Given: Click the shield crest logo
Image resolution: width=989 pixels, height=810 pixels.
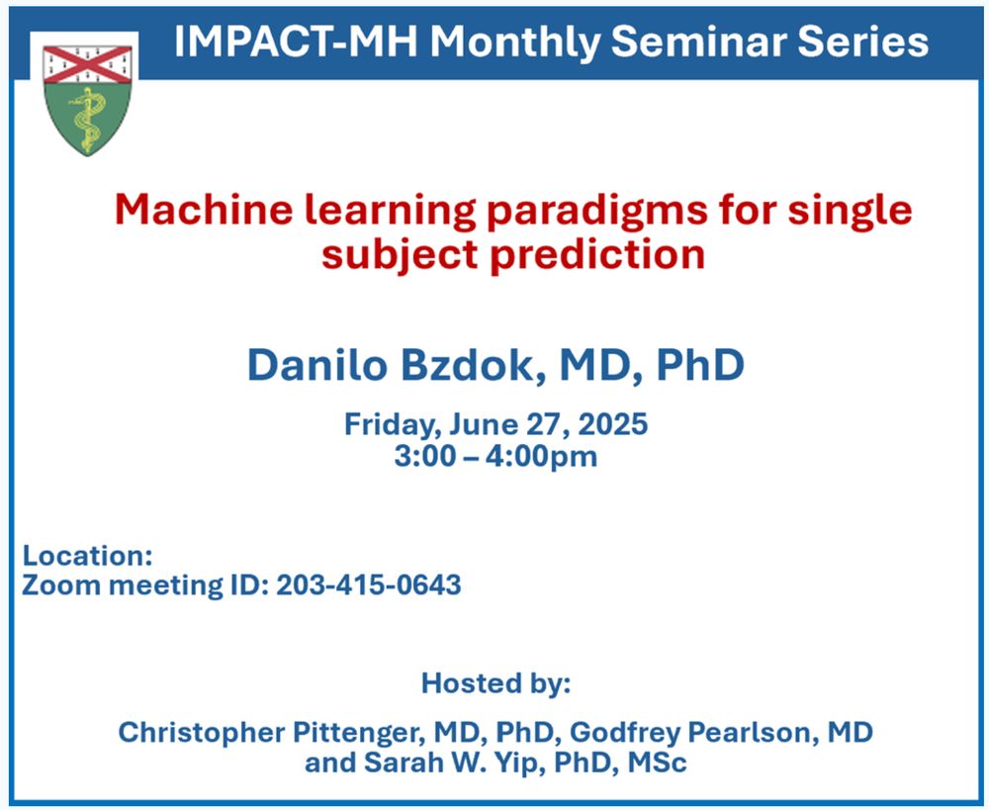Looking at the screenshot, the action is point(87,100).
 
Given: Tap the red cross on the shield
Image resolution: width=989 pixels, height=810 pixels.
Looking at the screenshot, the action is point(87,65).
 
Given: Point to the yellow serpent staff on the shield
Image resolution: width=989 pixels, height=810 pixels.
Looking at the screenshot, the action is point(88,120).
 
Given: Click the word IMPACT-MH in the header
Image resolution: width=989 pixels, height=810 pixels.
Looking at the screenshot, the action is point(296,42).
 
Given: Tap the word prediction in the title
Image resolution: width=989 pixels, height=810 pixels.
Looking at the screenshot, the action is point(597,256).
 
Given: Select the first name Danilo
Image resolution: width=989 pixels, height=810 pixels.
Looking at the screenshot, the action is point(316,365).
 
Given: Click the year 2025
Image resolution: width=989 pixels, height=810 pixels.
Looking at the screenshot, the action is point(612,424).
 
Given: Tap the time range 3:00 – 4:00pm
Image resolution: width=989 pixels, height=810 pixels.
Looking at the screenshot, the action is point(495,456).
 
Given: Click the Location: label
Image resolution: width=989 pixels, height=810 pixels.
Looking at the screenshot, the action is point(88,556).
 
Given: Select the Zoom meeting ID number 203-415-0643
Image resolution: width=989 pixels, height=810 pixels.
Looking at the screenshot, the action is point(369,585).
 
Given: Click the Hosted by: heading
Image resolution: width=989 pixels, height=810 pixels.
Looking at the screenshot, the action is point(495,683).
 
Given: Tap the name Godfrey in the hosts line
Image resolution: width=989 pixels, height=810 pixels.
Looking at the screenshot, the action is point(624,733).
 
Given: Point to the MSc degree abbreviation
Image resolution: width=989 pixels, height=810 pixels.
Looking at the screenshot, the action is point(658,763).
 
